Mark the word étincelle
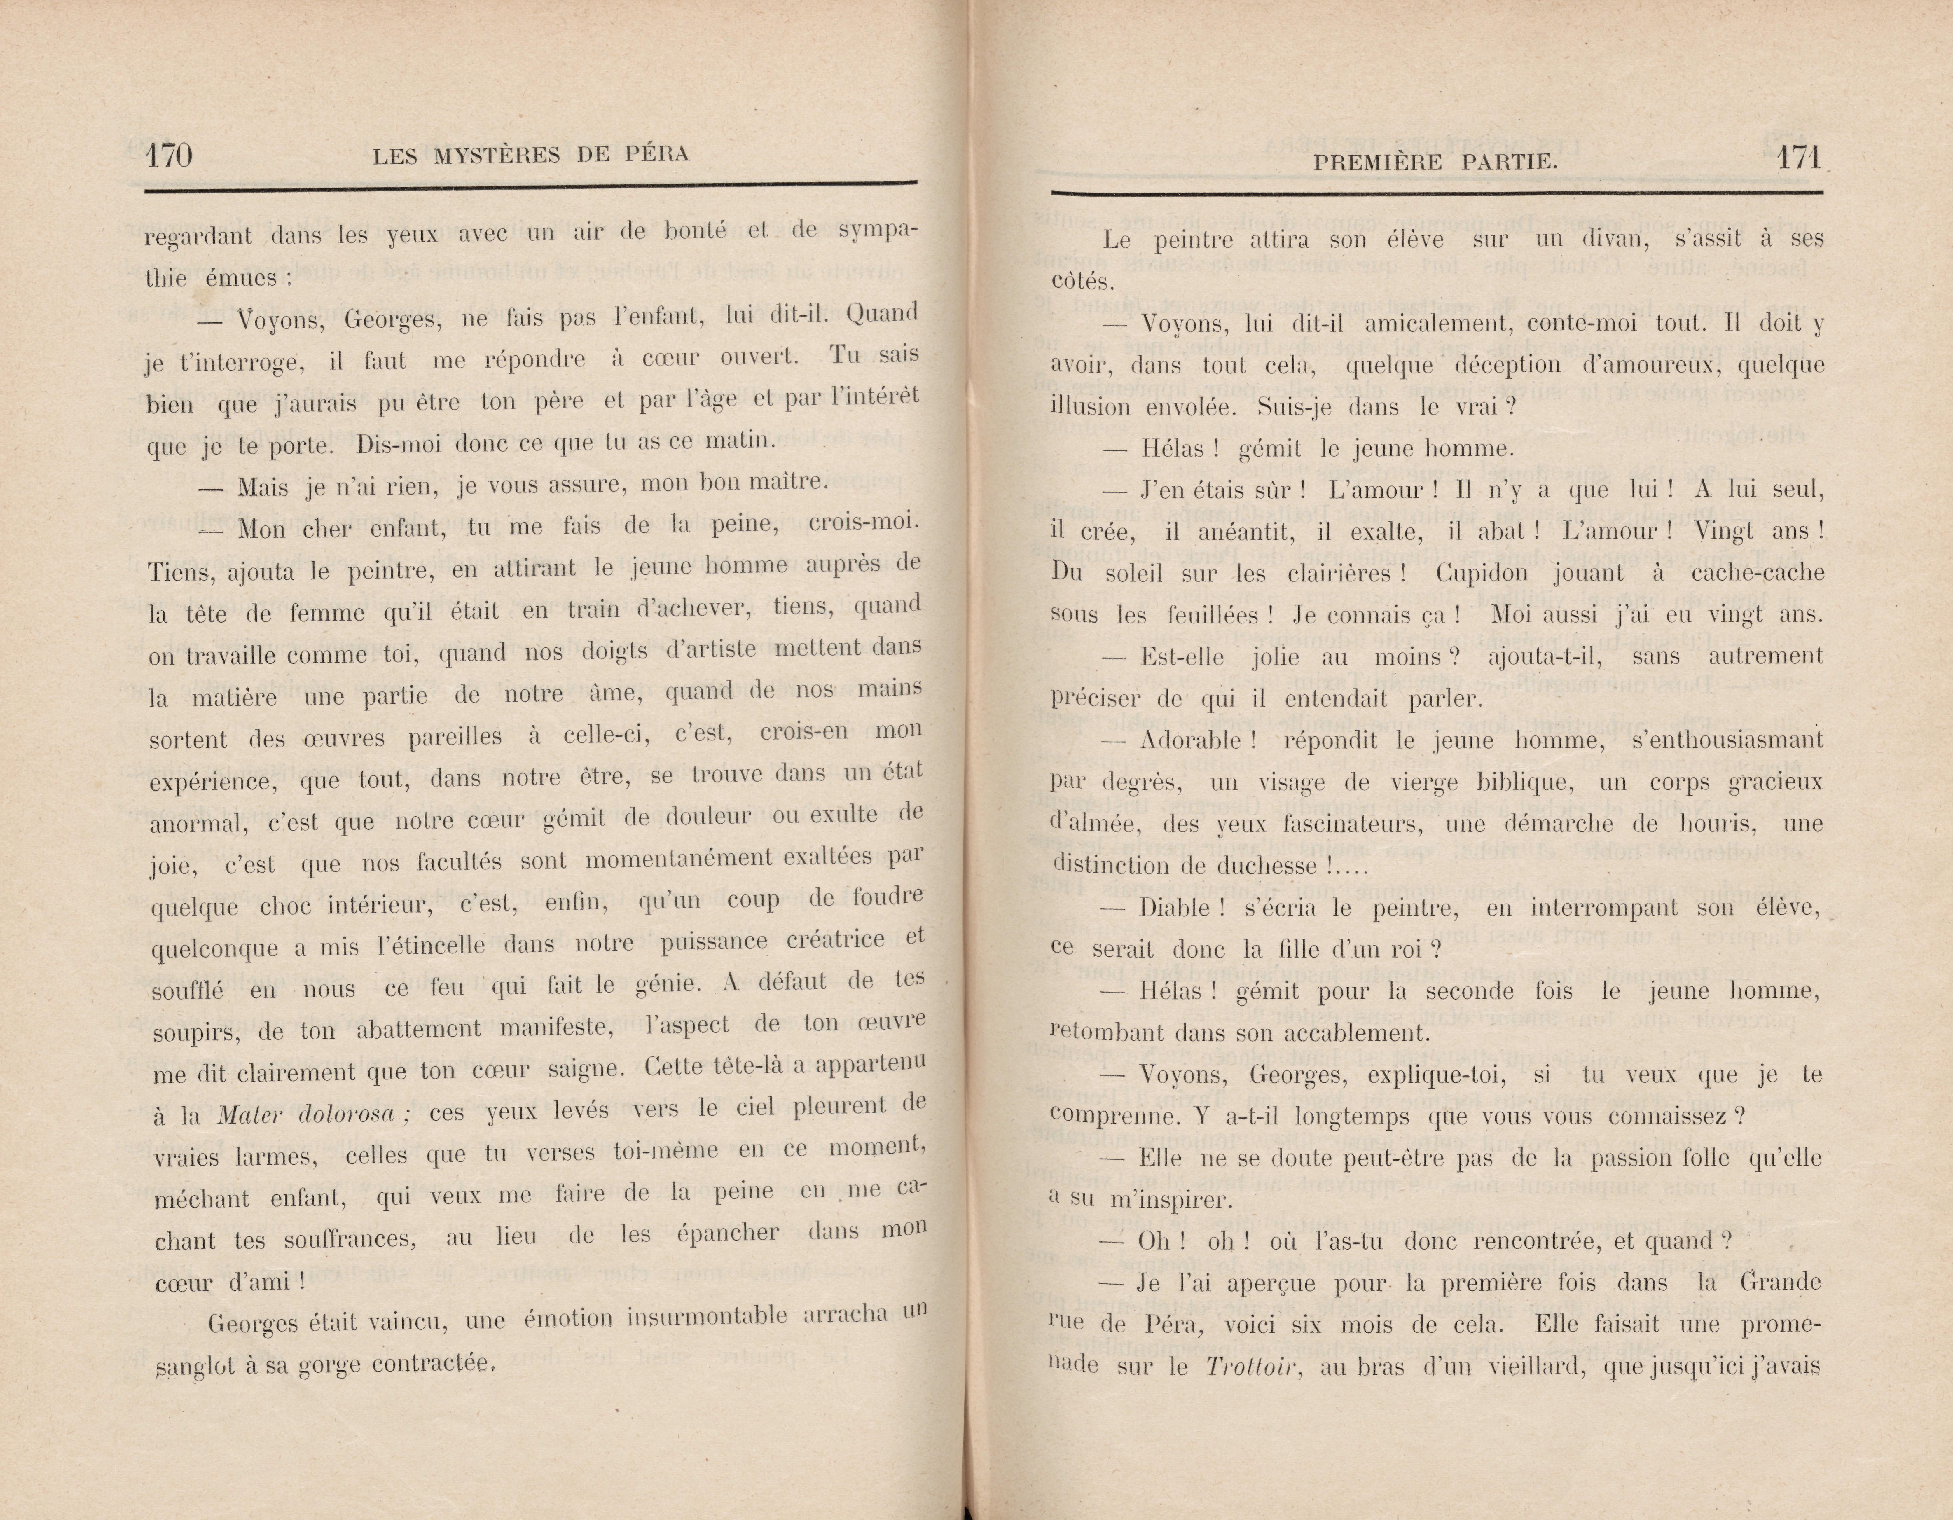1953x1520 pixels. click(x=434, y=946)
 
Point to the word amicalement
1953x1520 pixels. click(x=1411, y=324)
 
